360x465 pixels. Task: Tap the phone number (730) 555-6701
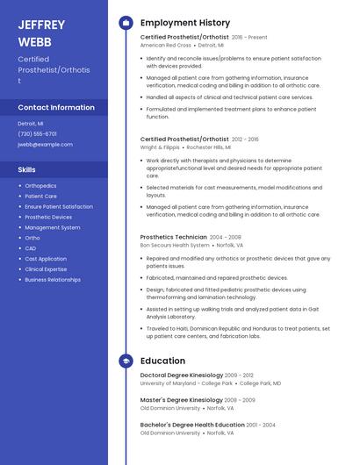pos(37,134)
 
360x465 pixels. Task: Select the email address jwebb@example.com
pos(45,144)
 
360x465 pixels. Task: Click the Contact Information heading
pos(56,107)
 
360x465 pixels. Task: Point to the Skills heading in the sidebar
pos(27,168)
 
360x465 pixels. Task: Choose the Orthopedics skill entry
pos(40,186)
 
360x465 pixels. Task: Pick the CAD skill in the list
pos(31,248)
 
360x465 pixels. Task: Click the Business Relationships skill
pos(53,279)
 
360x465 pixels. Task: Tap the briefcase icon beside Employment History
pos(126,23)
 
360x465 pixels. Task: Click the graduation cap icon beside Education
pos(126,361)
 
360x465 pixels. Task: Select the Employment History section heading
pos(185,23)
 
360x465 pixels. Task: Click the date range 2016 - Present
pos(249,38)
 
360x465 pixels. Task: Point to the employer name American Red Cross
pos(165,45)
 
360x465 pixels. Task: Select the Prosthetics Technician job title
pos(173,237)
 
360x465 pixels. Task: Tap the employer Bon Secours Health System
pos(175,245)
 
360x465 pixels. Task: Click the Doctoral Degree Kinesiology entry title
pos(181,376)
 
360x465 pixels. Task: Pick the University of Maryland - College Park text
pos(186,383)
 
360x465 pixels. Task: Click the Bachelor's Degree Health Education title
pos(192,425)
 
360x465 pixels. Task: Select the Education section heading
pos(162,361)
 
